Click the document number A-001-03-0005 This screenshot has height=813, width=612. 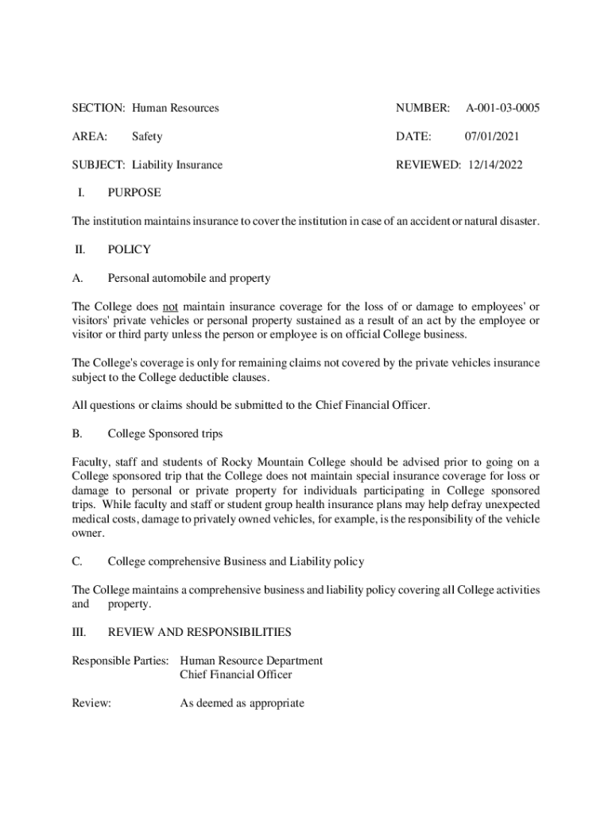point(502,107)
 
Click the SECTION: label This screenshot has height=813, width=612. point(99,107)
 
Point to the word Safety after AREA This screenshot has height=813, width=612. point(147,137)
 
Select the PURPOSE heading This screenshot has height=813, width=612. point(134,192)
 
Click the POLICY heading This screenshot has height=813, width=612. point(129,249)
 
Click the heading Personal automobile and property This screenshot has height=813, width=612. point(189,278)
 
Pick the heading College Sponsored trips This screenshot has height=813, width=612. point(165,433)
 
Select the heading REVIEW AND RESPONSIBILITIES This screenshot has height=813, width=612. point(199,632)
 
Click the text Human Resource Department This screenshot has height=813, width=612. point(251,661)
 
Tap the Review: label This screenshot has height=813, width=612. point(91,703)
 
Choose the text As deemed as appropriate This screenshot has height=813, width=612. point(242,703)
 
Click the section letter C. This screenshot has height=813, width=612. point(77,561)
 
